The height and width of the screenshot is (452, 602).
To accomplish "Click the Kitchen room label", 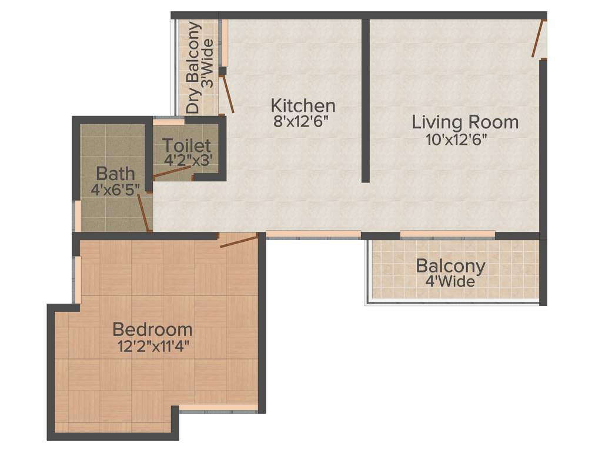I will click(x=303, y=106).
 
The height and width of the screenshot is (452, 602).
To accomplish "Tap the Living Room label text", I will click(x=465, y=122).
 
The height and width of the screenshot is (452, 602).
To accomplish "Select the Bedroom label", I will click(x=152, y=329).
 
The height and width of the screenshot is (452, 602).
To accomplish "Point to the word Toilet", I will click(x=186, y=145).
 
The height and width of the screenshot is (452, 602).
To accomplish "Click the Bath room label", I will click(x=115, y=174).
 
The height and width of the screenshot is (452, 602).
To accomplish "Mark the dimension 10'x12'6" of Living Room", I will click(x=457, y=140).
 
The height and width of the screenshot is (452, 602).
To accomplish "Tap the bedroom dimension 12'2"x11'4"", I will click(x=153, y=345).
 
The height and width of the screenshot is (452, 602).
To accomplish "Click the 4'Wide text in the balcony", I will click(x=450, y=281).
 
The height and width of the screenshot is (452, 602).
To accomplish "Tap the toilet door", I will click(x=172, y=172).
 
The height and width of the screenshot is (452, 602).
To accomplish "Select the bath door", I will click(x=142, y=212).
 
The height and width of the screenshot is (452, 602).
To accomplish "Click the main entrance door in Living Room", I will click(x=537, y=39).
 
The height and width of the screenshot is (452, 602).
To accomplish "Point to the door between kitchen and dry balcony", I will click(x=228, y=94).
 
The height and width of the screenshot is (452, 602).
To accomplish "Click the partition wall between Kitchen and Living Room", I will click(x=365, y=100).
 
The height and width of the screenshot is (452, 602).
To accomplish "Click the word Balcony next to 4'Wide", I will click(x=450, y=266).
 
